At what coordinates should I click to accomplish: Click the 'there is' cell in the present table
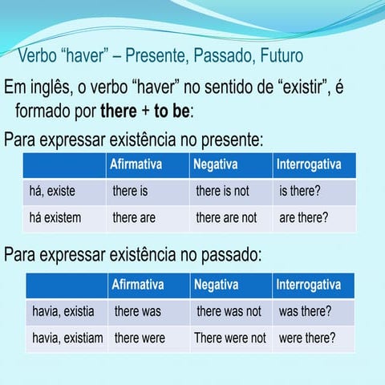coord(130,192)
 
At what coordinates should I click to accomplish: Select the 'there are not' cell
coord(226,217)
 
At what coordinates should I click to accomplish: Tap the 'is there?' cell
coord(301,192)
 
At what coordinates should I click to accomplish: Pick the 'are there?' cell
coord(303,217)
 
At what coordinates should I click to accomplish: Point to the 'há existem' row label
coord(55,217)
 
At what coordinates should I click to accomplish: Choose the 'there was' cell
coord(138,310)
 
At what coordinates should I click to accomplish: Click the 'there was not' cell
coord(229,310)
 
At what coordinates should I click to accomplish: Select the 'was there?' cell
coord(305,310)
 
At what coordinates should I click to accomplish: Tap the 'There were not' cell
coord(229,338)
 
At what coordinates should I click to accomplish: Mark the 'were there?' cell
coord(307,338)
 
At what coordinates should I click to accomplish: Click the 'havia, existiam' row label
coord(67,338)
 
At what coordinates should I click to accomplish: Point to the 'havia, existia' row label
coord(63,310)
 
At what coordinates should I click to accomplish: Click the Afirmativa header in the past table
coord(138,285)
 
